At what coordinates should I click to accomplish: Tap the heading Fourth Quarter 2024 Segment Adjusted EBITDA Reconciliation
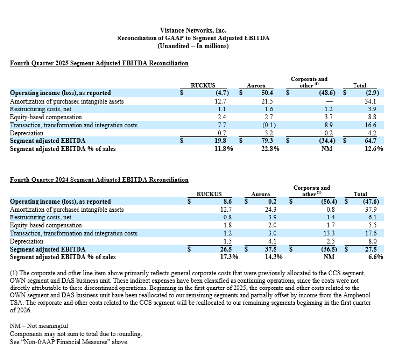point(99,180)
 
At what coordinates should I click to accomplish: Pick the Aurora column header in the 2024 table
point(260,194)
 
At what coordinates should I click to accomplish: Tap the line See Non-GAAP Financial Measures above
point(69,342)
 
